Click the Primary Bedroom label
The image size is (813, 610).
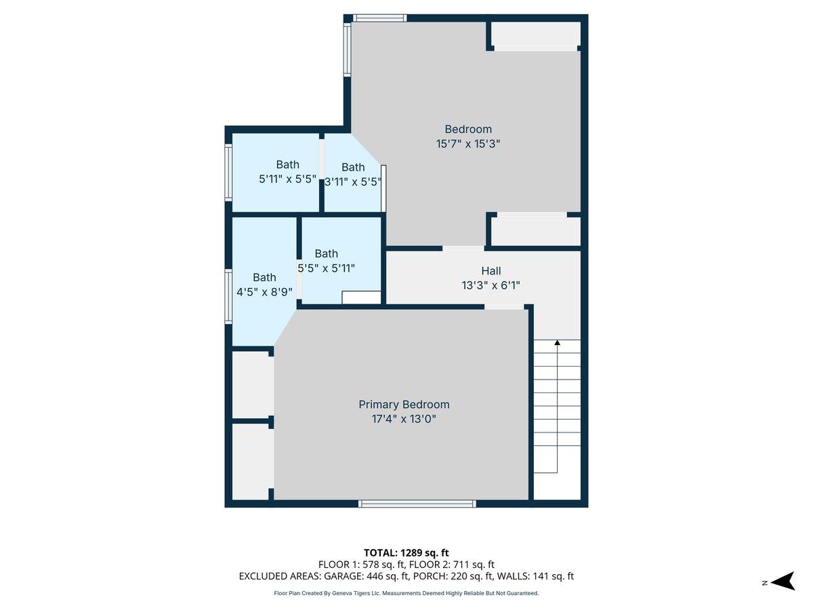tap(404, 405)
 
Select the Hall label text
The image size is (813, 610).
tap(491, 271)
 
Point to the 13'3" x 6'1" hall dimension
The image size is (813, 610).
tap(491, 286)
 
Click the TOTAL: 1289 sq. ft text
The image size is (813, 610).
tap(406, 552)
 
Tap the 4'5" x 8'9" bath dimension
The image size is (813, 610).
tap(264, 292)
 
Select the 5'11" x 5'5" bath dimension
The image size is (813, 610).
tap(287, 180)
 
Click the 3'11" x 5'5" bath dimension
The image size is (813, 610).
tap(353, 182)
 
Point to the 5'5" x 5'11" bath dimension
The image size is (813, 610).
tap(327, 268)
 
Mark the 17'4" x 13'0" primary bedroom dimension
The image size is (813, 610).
tap(404, 419)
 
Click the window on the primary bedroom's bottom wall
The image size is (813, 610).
tap(417, 504)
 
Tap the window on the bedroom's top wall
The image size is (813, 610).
tap(379, 18)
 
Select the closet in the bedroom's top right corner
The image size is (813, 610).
tap(535, 34)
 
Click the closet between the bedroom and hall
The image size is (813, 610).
tap(535, 232)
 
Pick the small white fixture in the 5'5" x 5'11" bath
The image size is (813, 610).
tap(362, 298)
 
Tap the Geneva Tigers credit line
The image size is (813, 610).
tap(406, 593)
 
